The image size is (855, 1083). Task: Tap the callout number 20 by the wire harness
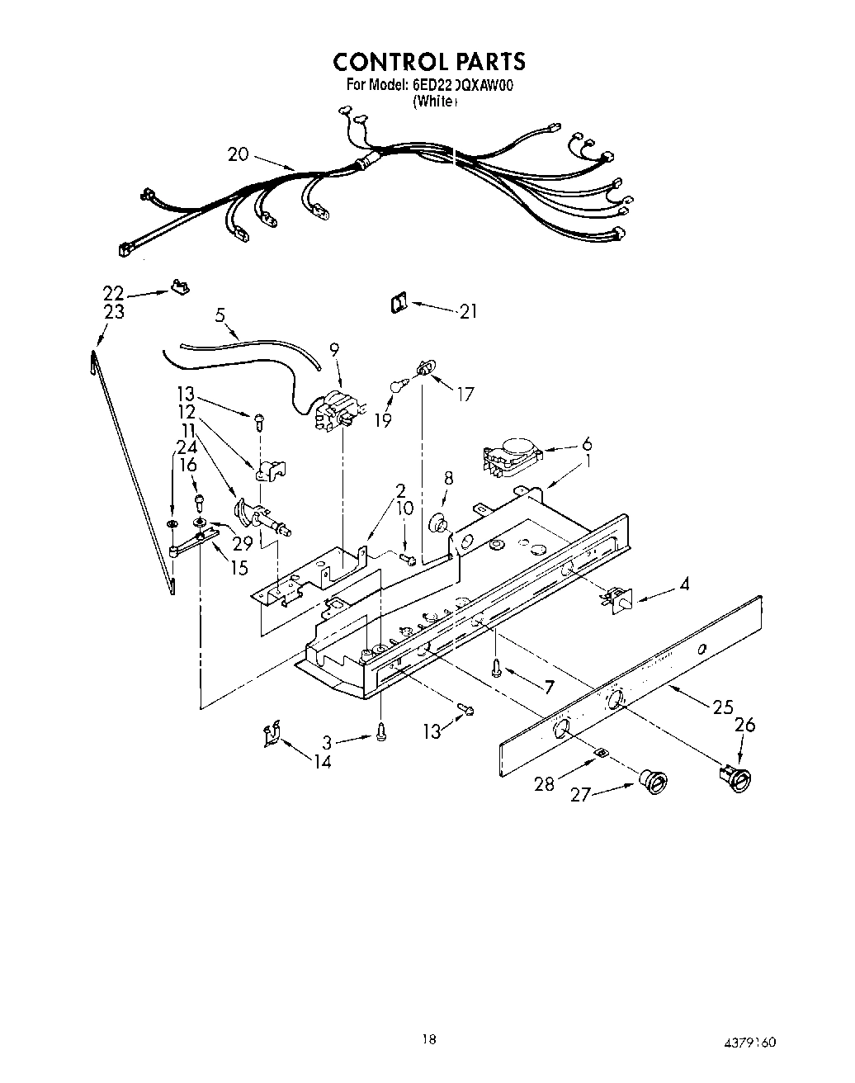tap(238, 154)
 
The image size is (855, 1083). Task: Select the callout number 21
tap(469, 311)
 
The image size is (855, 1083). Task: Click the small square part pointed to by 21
tap(398, 305)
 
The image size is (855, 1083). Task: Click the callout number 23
tap(114, 311)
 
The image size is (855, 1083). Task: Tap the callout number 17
tap(465, 395)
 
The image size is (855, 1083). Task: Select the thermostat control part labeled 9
tap(337, 410)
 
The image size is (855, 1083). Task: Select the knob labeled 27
tap(654, 780)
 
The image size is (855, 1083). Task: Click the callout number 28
tap(544, 783)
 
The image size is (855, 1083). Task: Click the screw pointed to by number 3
tap(380, 731)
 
